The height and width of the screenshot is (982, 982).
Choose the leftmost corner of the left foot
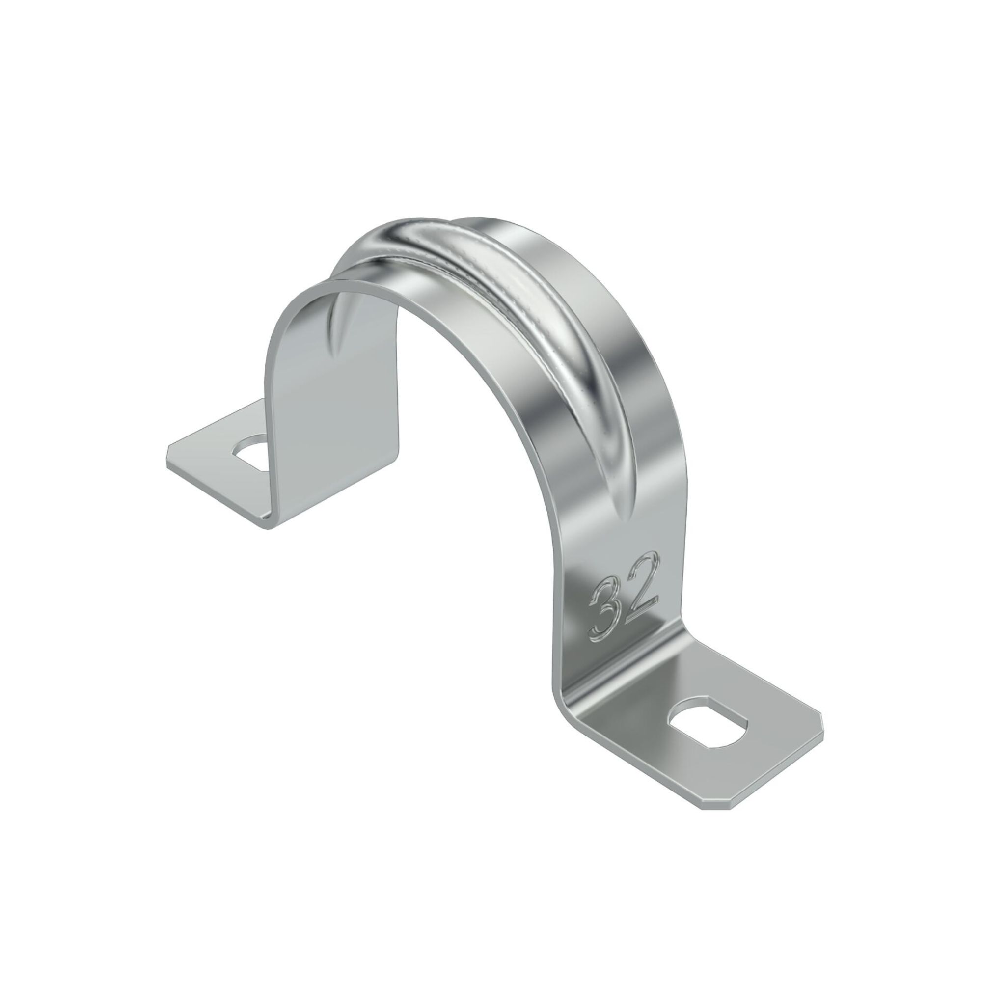tap(168, 452)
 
